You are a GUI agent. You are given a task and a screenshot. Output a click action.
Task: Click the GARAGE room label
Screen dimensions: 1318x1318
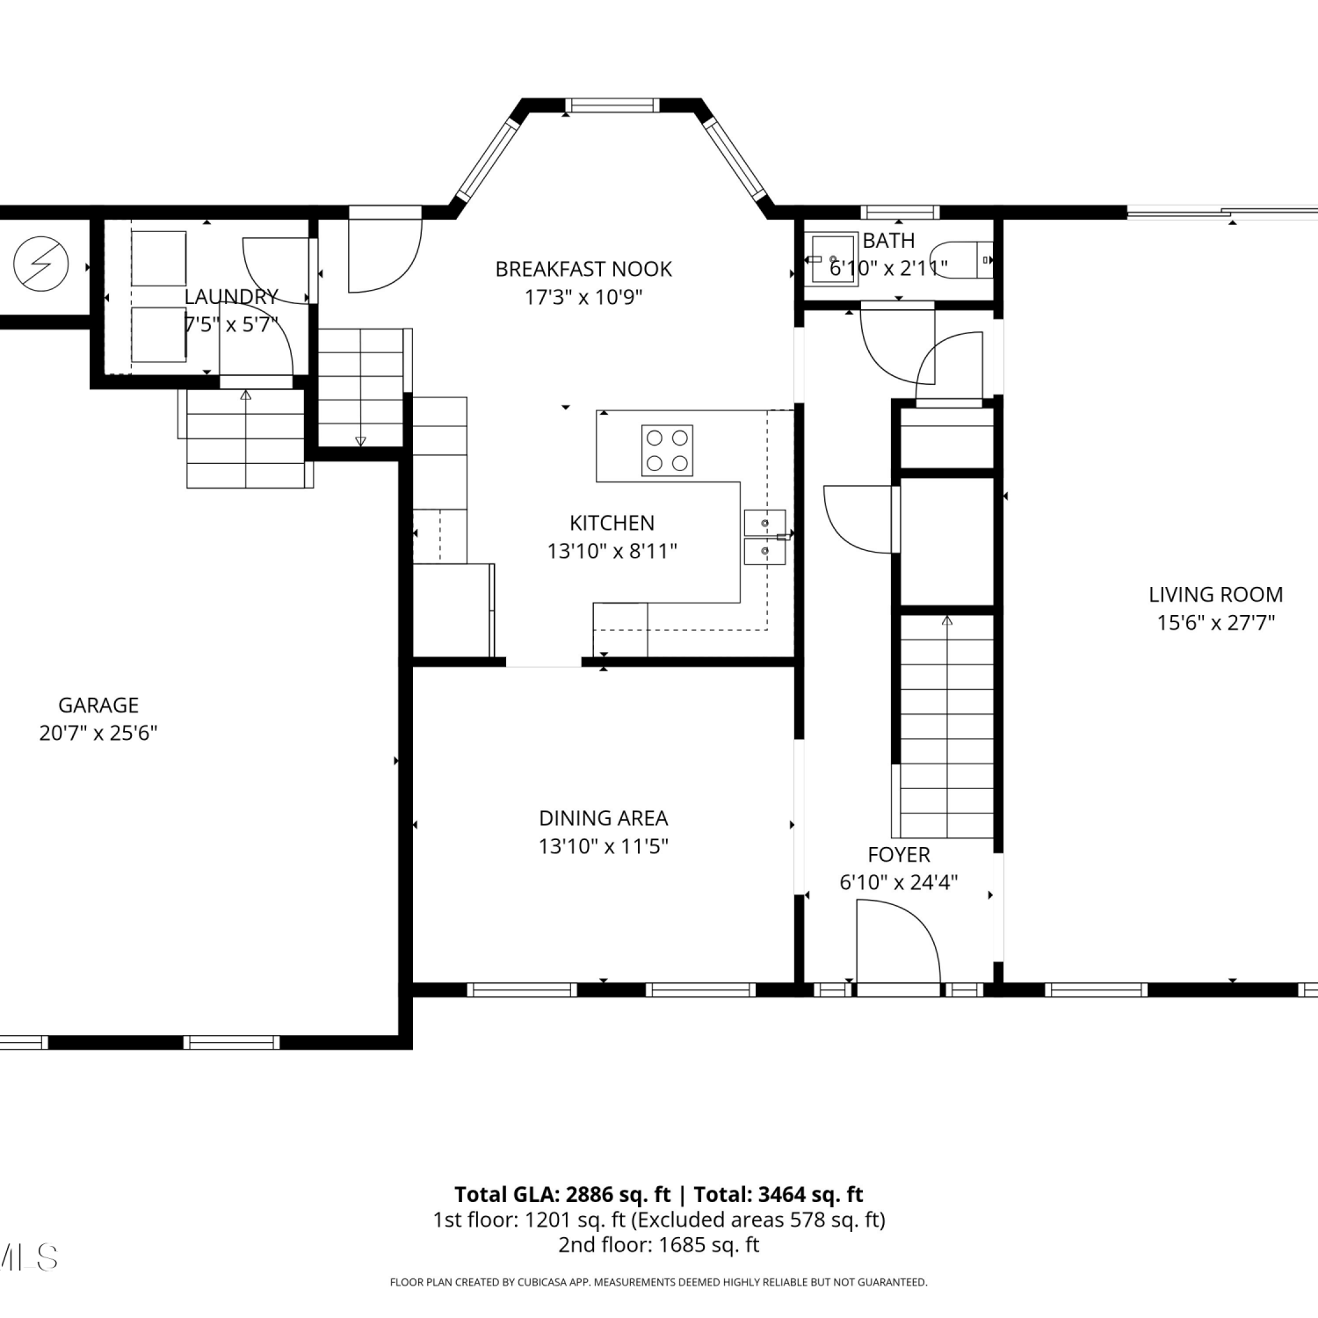pos(98,705)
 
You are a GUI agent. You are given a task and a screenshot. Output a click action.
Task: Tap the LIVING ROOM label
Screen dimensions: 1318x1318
pos(1216,595)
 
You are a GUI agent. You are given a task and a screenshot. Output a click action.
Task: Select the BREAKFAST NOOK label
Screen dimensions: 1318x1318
pos(583,269)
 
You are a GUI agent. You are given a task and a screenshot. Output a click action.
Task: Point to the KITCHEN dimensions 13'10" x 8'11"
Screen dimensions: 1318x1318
pos(612,551)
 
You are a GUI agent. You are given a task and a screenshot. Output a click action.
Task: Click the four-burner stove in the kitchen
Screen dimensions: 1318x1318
pos(667,450)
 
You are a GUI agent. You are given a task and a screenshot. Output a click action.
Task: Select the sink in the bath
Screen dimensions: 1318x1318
pos(832,259)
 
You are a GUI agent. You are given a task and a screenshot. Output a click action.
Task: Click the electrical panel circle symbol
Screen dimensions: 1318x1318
pos(41,263)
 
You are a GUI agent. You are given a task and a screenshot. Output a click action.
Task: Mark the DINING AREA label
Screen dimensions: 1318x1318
pos(604,818)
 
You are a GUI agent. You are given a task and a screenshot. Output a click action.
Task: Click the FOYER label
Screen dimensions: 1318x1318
pos(899,855)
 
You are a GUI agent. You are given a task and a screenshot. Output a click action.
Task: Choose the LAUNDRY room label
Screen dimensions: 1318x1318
pos(231,297)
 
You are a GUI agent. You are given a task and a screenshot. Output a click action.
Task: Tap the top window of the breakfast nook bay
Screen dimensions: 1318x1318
pos(612,105)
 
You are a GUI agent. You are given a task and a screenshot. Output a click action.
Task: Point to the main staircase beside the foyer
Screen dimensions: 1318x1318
pos(947,726)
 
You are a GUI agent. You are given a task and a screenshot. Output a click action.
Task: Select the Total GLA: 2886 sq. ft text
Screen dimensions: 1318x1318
pos(562,1195)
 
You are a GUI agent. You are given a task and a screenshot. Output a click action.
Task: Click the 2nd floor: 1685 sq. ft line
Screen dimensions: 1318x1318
pos(659,1245)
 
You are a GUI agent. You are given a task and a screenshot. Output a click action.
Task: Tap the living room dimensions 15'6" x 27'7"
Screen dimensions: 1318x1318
pos(1216,623)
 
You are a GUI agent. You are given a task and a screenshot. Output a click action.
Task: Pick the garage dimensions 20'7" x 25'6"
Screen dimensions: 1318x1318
pos(98,733)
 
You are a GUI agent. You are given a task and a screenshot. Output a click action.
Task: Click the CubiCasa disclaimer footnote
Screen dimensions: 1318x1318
pos(659,1283)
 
